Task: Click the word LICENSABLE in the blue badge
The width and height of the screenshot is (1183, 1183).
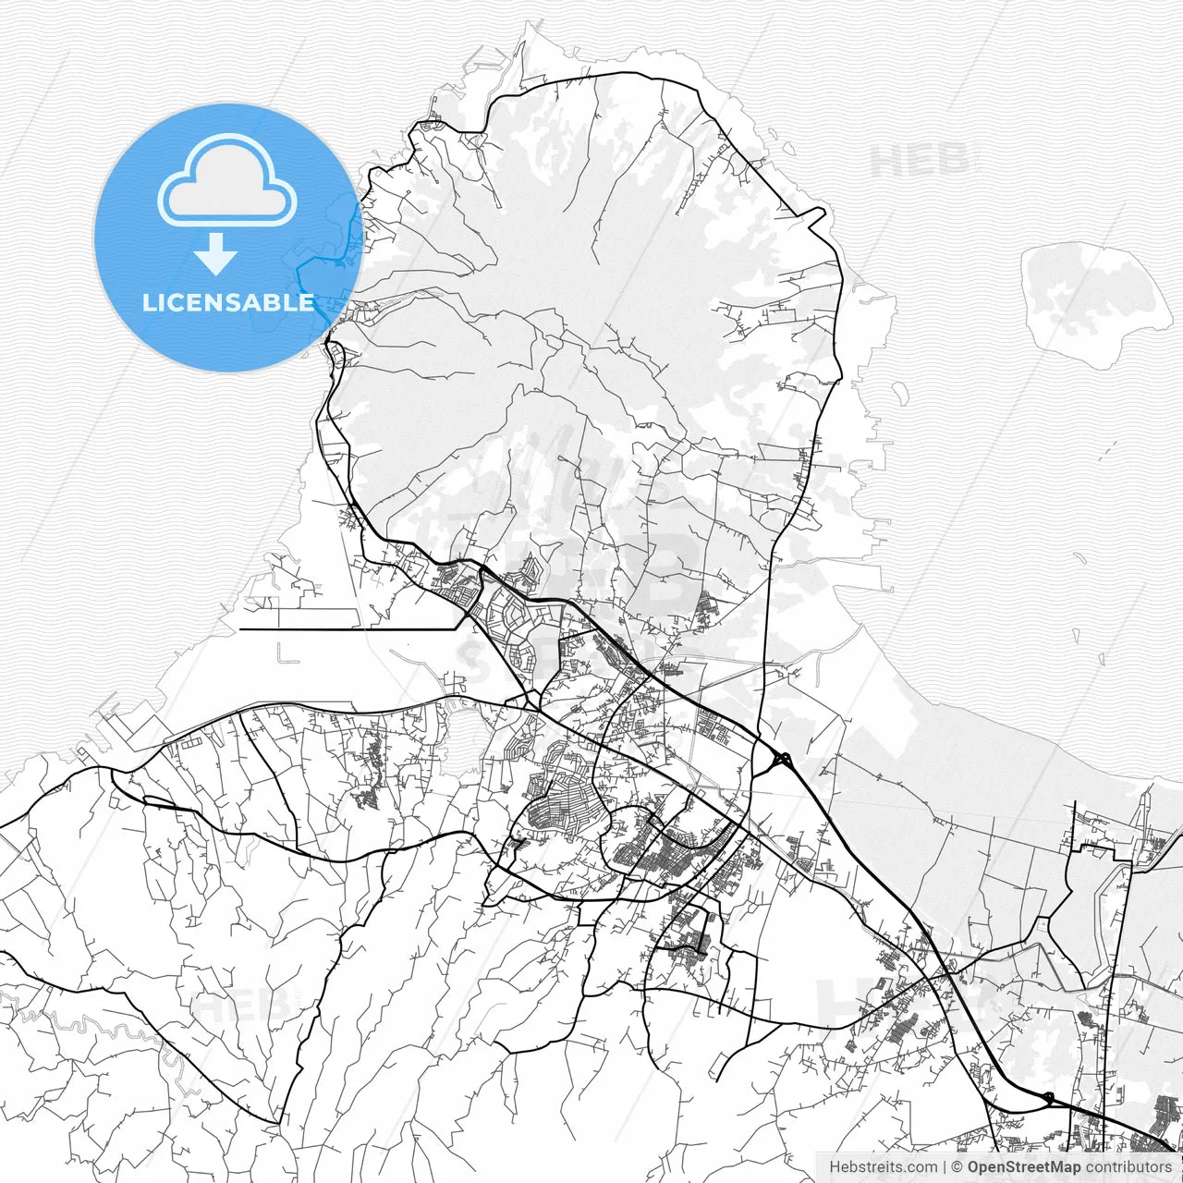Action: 227,302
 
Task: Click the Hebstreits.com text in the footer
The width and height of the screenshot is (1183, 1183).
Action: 882,1167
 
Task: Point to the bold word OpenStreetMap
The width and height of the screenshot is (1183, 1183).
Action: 1023,1167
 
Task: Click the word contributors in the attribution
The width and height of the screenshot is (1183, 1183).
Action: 1128,1167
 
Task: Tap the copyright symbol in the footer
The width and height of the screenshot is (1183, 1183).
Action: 957,1167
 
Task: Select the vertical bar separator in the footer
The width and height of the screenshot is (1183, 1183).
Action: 944,1167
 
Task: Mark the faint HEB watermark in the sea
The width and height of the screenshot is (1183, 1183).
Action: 920,162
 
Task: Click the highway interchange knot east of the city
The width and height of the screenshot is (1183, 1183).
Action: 782,761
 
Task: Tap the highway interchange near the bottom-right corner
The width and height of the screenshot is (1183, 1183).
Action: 1048,1098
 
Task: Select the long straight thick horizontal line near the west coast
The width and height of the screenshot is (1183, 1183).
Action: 351,629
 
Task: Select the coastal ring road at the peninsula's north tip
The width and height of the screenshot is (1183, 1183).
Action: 591,76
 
